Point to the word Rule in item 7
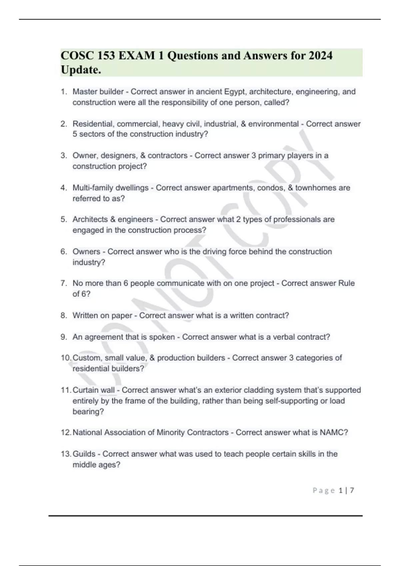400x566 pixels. click(346, 283)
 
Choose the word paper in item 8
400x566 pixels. click(122, 315)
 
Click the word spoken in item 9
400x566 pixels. click(162, 337)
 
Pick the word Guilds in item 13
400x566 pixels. click(84, 454)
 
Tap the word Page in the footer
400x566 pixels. click(324, 490)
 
